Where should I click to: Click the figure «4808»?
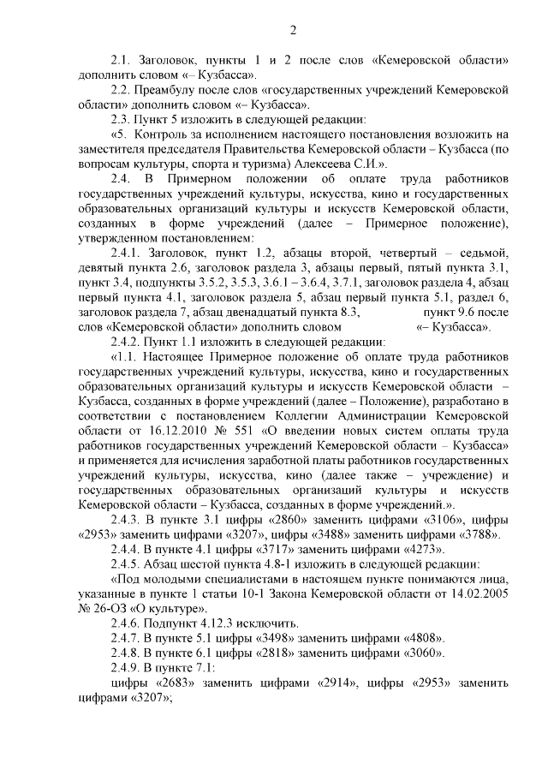click(419, 638)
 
